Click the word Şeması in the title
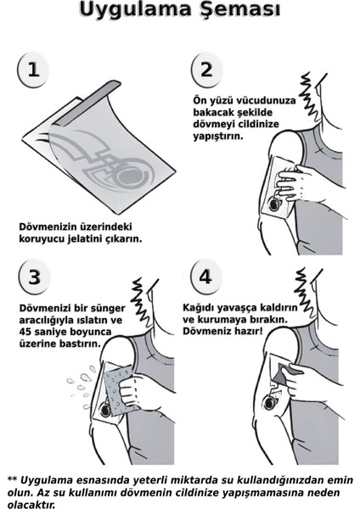click(240, 11)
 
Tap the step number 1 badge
click(33, 70)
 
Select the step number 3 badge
click(34, 277)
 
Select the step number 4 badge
click(205, 277)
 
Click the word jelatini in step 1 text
click(103, 238)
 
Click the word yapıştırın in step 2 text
click(219, 136)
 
